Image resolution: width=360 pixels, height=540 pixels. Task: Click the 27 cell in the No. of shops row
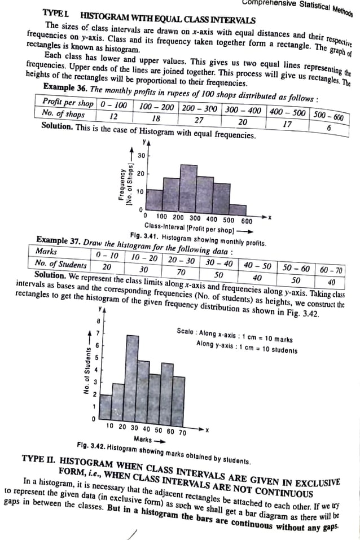coord(199,120)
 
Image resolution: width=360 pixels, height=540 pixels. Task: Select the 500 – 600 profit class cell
coord(328,115)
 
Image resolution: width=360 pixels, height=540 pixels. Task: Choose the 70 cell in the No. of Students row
coord(181,271)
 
